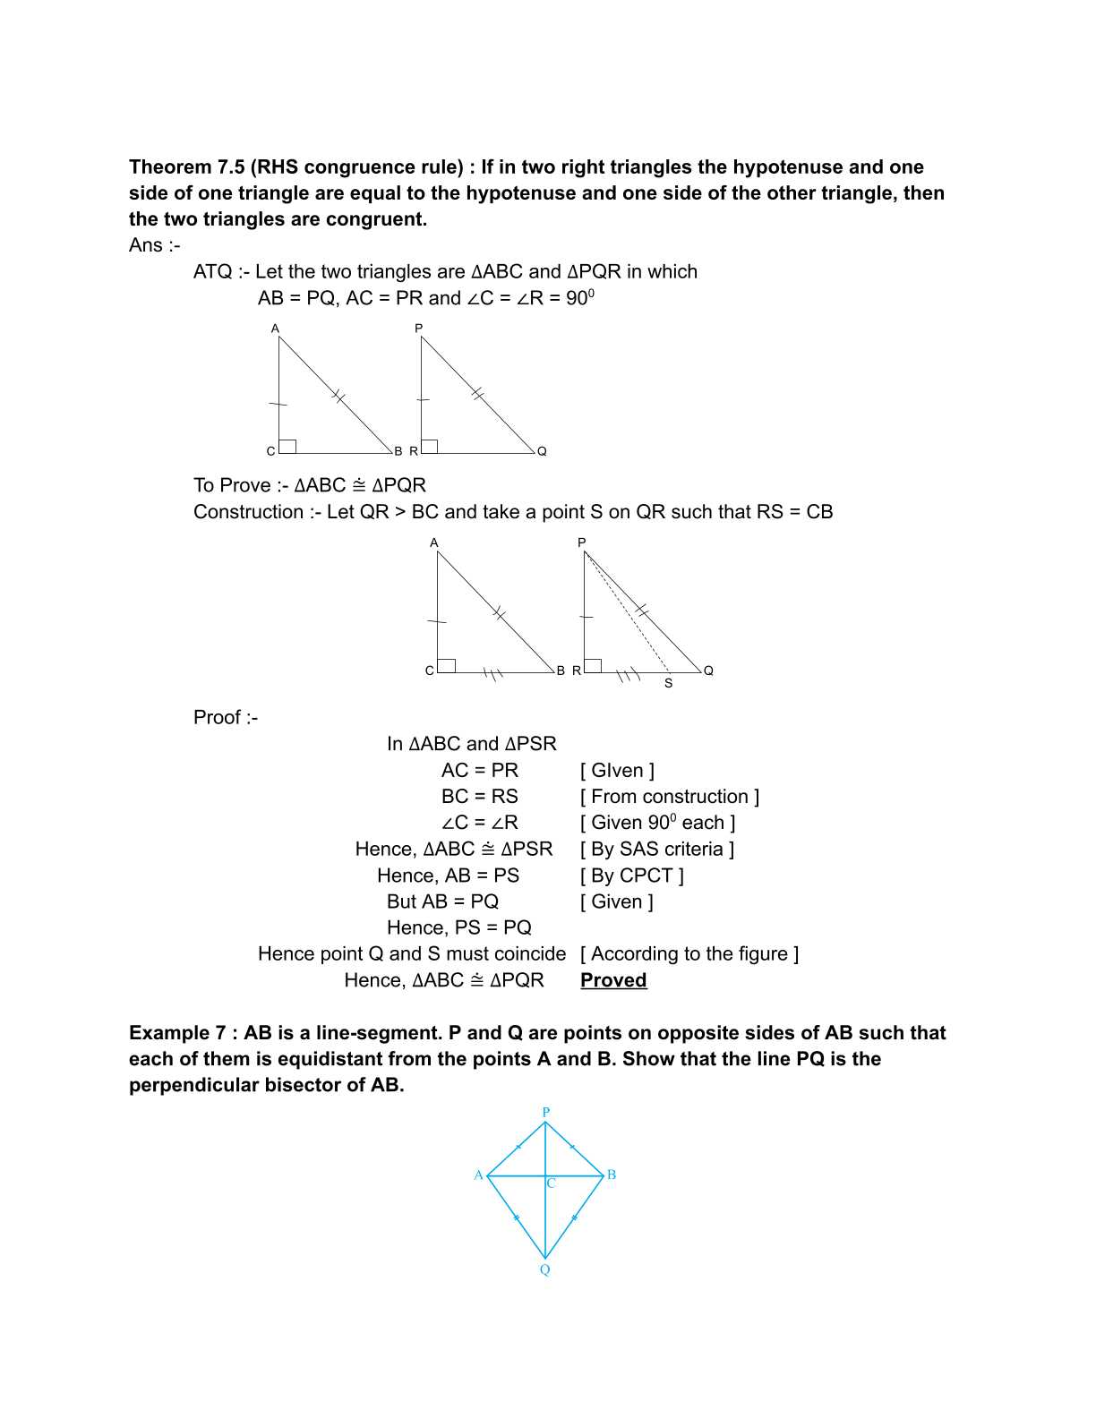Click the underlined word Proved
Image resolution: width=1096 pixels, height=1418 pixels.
[613, 980]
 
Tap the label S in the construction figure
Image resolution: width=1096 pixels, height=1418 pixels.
[668, 684]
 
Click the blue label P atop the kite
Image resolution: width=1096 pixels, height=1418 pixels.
[545, 1112]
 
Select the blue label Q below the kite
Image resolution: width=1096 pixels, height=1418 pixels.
[544, 1270]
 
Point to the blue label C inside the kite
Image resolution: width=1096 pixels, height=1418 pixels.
[552, 1183]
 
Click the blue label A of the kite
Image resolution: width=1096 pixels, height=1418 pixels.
[479, 1175]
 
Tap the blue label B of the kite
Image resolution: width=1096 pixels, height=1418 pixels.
[612, 1175]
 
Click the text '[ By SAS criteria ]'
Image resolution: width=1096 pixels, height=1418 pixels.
[657, 849]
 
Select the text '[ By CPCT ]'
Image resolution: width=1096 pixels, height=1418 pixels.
[631, 876]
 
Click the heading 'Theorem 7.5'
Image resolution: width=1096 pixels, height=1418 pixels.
[186, 167]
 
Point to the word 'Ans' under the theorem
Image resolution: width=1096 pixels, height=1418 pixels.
[146, 245]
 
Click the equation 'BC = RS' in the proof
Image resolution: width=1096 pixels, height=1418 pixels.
[479, 797]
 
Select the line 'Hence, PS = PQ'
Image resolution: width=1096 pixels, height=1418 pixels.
[458, 927]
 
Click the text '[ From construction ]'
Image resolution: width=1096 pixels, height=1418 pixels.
[669, 797]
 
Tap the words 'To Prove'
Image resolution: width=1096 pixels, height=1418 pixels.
[232, 485]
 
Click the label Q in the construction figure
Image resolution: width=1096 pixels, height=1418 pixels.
[708, 671]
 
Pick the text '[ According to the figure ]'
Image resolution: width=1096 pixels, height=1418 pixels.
[689, 954]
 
